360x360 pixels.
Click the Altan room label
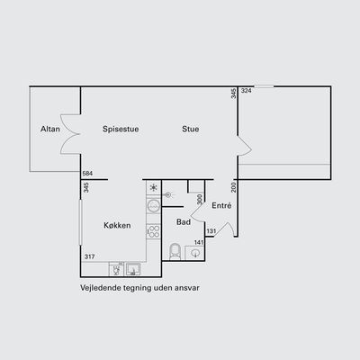click(50, 129)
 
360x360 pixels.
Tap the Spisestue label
click(121, 130)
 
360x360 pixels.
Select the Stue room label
click(191, 129)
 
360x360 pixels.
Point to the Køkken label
click(117, 225)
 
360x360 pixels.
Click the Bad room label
click(184, 222)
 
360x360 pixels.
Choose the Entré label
click(221, 205)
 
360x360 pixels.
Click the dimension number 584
click(87, 174)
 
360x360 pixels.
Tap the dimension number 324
click(247, 91)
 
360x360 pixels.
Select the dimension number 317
click(90, 256)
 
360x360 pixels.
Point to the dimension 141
click(199, 242)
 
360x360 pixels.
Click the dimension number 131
click(211, 231)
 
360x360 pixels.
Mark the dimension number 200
click(234, 187)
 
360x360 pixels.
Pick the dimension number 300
click(200, 199)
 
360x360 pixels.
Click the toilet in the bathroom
click(175, 251)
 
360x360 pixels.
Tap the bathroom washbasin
click(195, 253)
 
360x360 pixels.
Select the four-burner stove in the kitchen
click(154, 231)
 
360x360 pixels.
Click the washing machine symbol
click(154, 205)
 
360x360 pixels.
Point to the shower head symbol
click(167, 195)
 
